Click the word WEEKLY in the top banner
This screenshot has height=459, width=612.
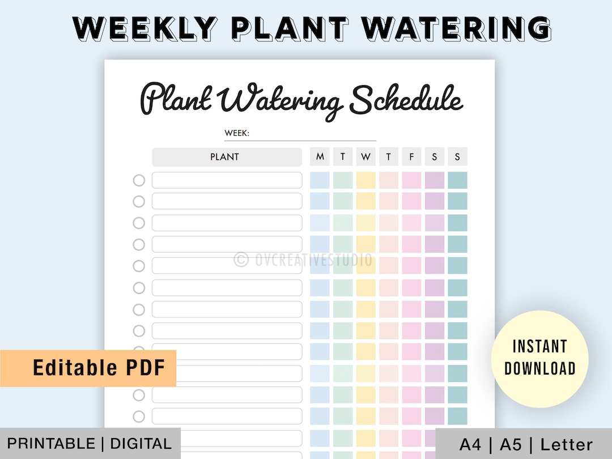(144, 27)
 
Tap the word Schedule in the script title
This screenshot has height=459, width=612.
(406, 100)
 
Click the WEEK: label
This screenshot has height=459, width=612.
(237, 133)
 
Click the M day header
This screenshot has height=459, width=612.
(320, 157)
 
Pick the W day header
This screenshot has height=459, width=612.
(365, 157)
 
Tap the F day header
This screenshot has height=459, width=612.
(411, 157)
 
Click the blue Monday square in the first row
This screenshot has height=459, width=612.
(320, 180)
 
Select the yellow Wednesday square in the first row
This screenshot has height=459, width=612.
(365, 180)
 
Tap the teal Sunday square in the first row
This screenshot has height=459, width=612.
(457, 180)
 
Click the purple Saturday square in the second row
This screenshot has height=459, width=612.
(435, 201)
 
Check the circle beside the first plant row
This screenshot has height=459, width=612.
(139, 180)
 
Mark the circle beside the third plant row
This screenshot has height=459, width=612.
(139, 223)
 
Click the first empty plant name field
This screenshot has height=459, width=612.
(227, 180)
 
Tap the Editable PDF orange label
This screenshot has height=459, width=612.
(99, 368)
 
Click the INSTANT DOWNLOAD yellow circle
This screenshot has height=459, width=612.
(539, 358)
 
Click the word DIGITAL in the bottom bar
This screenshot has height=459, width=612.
(142, 444)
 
